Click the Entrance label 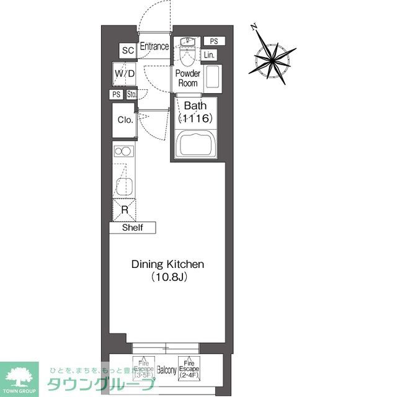[x=154, y=47]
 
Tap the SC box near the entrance [x=128, y=51]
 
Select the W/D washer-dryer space [x=125, y=74]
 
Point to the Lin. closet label [x=208, y=56]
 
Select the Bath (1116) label [x=195, y=112]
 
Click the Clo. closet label [x=125, y=120]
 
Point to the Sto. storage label [x=132, y=95]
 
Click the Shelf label [x=133, y=228]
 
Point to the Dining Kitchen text [x=167, y=264]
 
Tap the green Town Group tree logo [x=19, y=376]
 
